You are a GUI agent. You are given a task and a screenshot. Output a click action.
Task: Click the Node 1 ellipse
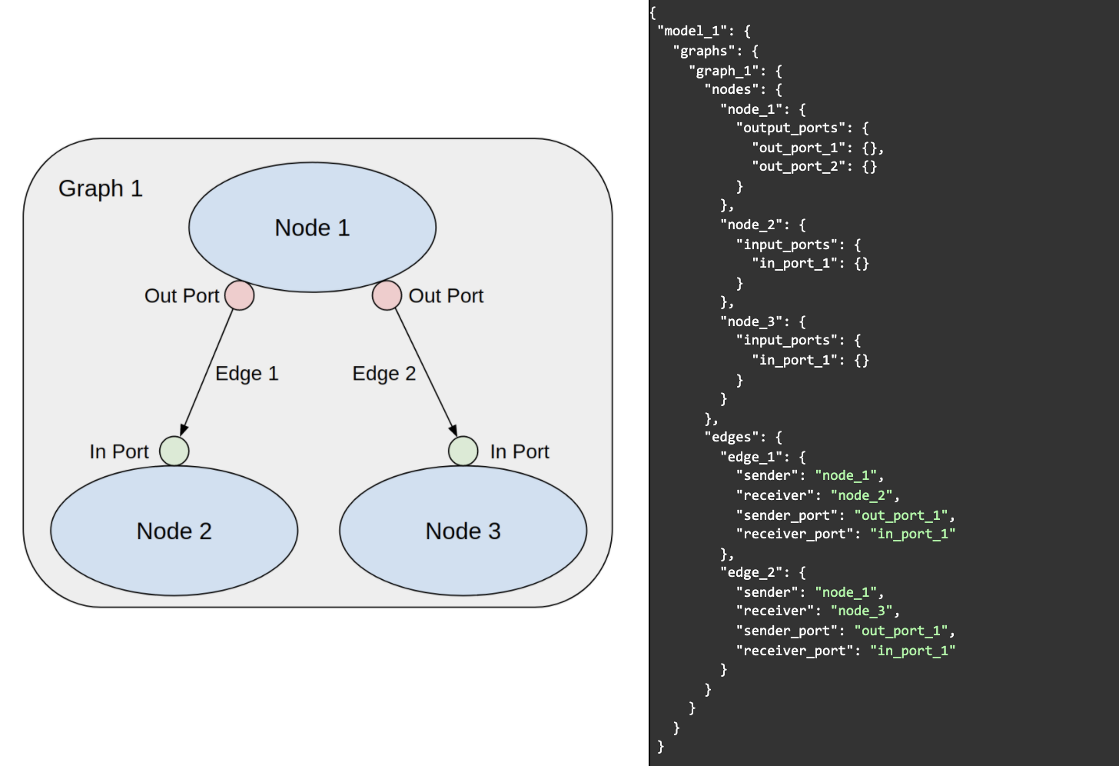(312, 228)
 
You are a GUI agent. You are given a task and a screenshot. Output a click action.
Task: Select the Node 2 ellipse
(174, 531)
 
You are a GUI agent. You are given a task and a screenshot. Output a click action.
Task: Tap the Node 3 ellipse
(463, 531)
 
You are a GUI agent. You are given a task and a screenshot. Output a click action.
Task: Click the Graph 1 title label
(101, 188)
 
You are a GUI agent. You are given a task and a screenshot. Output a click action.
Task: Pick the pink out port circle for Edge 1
(240, 295)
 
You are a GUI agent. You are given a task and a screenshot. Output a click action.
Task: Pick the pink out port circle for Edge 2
(387, 295)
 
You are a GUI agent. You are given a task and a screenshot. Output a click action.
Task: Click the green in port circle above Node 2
(174, 451)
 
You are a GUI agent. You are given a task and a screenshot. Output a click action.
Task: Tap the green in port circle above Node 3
(463, 451)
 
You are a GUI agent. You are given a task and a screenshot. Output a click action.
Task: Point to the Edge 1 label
(247, 374)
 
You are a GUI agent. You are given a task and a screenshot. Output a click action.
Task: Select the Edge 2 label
(384, 374)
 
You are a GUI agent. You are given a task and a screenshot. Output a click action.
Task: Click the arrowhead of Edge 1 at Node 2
(184, 430)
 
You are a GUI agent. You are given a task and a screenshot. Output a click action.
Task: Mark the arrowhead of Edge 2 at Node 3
(453, 430)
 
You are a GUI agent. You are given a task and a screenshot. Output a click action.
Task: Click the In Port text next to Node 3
(520, 451)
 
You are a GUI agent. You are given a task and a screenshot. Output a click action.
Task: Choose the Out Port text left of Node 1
(182, 296)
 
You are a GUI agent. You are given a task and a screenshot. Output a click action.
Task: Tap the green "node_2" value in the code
(861, 495)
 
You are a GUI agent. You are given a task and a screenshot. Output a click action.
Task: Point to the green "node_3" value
(861, 611)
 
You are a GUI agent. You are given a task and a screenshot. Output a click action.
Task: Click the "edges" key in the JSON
(730, 437)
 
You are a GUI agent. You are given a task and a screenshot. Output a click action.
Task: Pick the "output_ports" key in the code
(794, 128)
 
